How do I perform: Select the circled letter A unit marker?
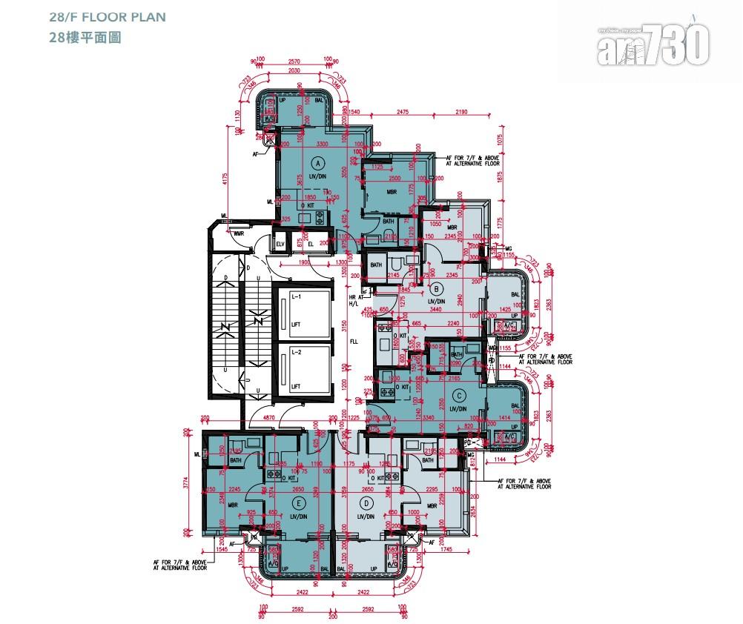(x=317, y=162)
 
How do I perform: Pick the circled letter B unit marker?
(x=437, y=289)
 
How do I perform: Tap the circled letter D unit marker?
(x=363, y=502)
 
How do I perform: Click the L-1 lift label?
(x=295, y=296)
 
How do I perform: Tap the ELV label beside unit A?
(x=281, y=244)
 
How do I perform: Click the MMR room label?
(x=239, y=235)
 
